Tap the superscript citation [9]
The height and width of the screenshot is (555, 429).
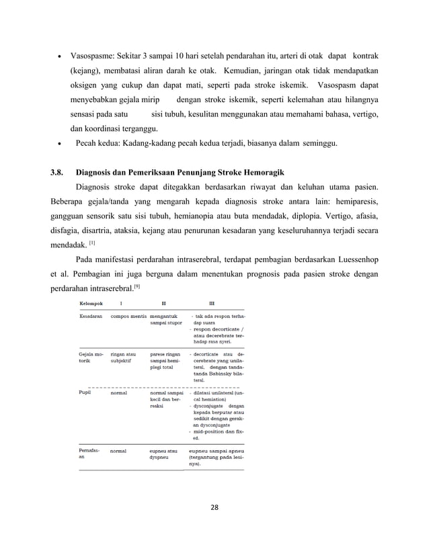tap(136, 287)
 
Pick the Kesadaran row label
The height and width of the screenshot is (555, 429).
tap(91, 315)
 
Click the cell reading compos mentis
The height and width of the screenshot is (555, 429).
tap(128, 315)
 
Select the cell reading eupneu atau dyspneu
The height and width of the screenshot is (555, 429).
tap(163, 454)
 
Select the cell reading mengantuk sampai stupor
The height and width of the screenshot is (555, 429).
tap(165, 318)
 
